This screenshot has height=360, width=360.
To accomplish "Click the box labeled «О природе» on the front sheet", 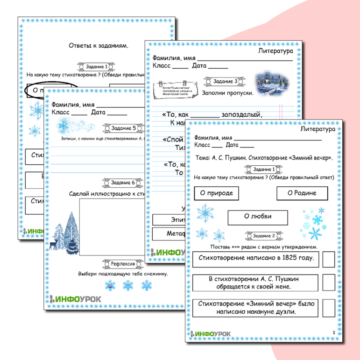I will point(216,193).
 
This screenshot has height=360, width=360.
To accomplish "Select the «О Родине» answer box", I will point(302,193).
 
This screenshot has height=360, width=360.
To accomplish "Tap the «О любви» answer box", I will point(258,217).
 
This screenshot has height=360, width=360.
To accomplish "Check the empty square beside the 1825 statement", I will point(329,258).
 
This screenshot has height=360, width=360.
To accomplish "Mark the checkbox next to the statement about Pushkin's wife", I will point(329,282).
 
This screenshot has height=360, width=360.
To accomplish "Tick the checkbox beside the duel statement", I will point(329,308).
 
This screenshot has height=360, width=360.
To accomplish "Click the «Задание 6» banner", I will point(120,183).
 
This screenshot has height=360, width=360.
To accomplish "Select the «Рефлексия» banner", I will point(120,264).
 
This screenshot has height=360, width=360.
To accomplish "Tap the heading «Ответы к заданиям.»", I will point(98,45).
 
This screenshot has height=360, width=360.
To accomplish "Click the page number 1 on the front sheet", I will point(334,332).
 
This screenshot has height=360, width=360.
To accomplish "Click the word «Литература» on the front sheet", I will point(318,128).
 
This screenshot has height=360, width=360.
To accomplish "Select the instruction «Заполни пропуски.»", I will point(227,93).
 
